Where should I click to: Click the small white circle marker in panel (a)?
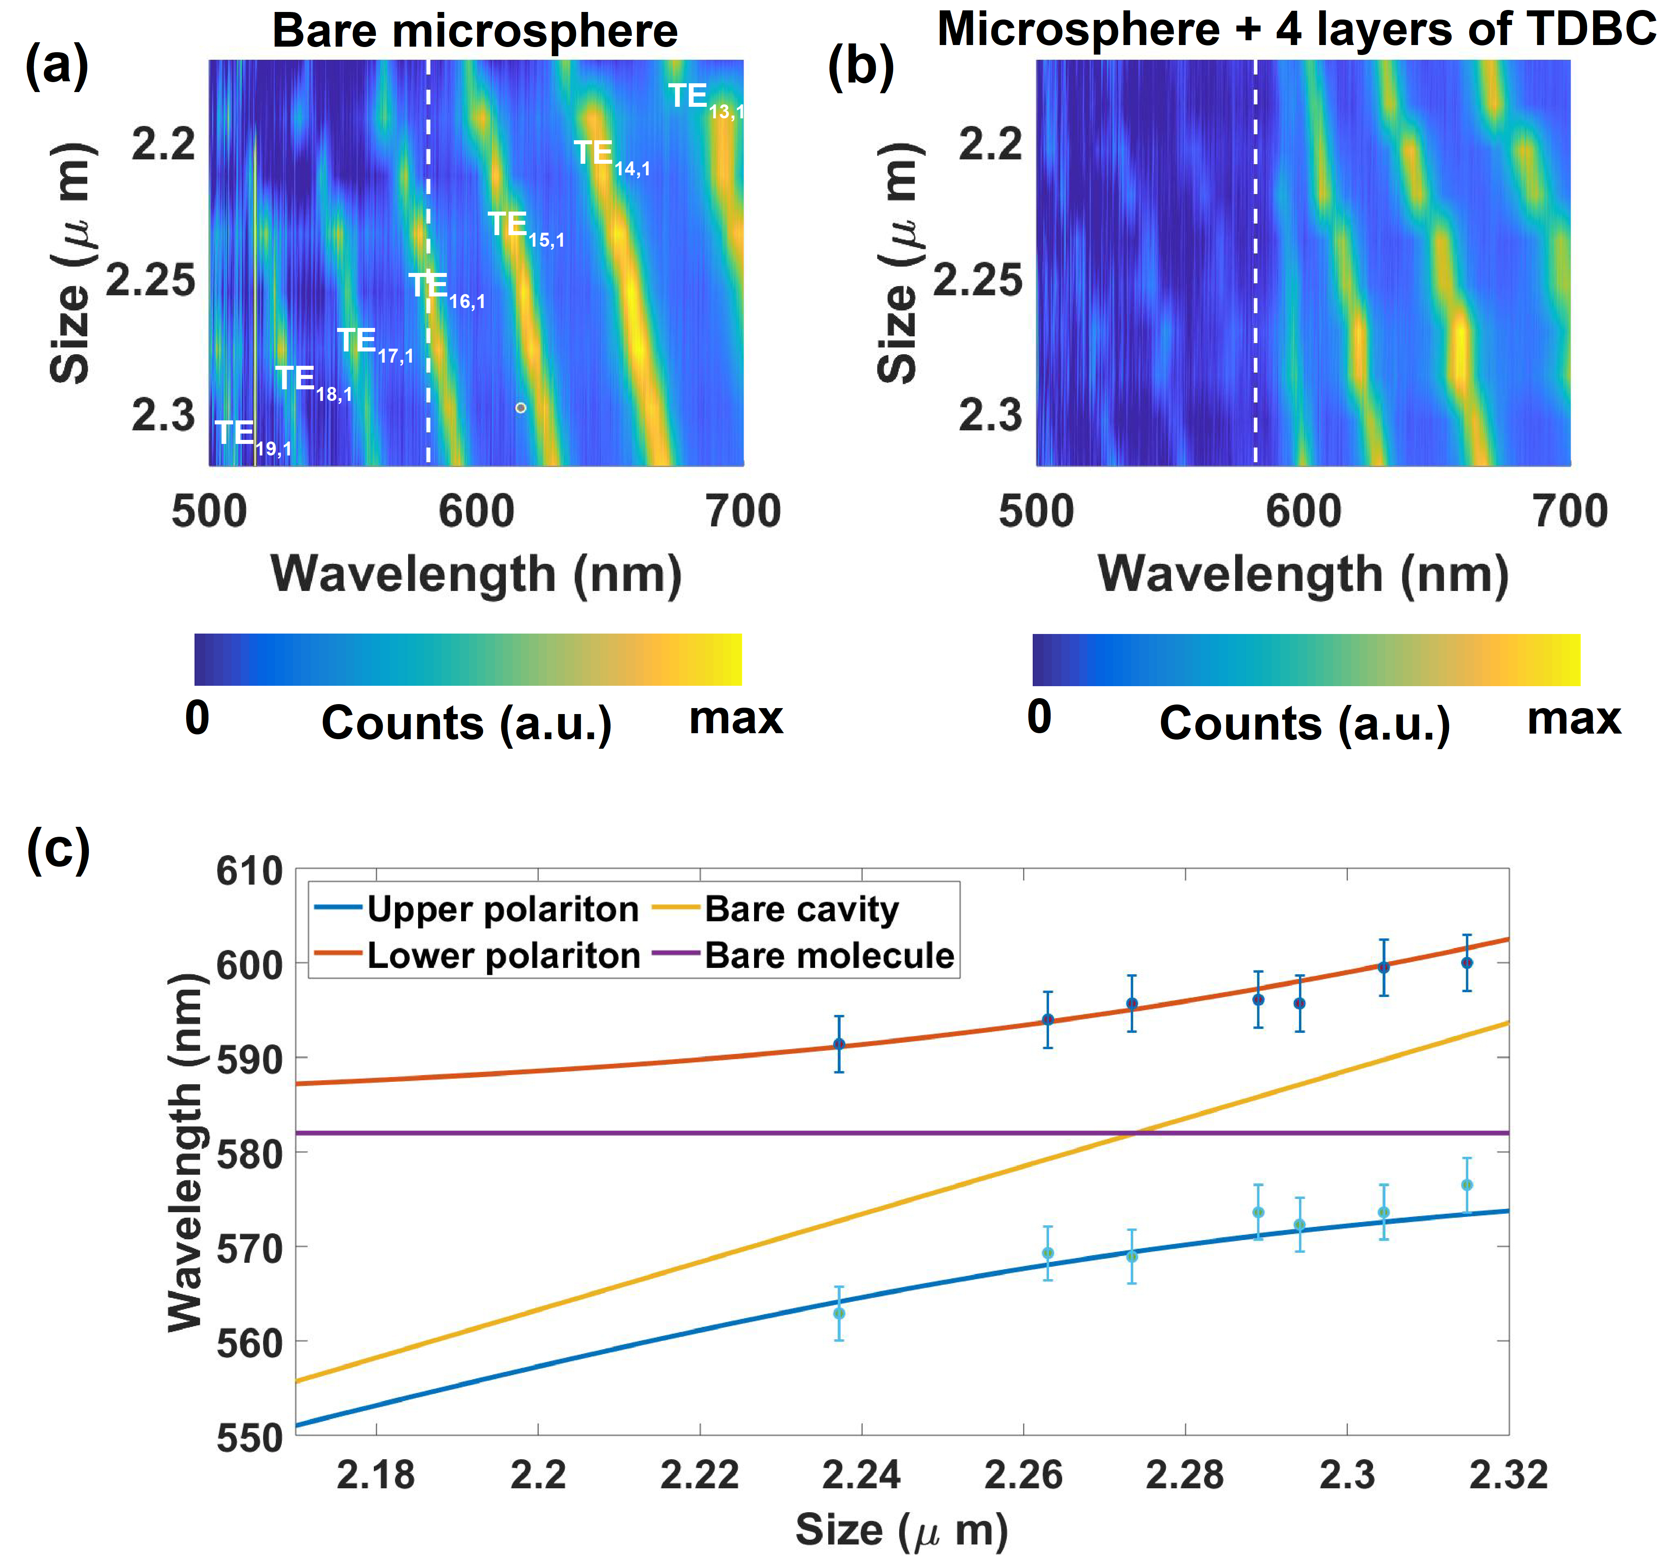coord(521,408)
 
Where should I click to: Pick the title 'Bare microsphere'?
coord(475,31)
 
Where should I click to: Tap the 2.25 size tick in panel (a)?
coord(150,281)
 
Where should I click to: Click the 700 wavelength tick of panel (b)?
coord(1570,511)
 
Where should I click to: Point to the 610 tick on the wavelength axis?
coord(249,871)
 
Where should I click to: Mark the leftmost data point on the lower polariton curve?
coord(839,1044)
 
